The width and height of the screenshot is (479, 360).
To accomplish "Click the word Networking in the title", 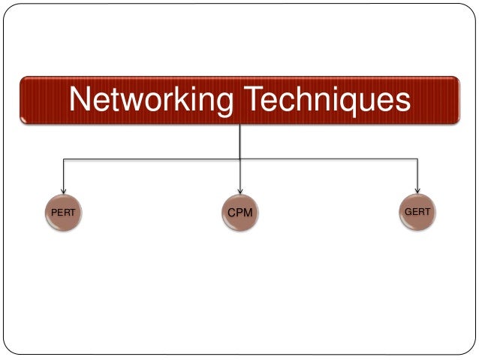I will tap(149, 100).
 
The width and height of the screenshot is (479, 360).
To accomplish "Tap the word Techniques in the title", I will tap(324, 100).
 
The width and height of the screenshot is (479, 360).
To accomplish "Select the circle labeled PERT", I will tap(63, 213).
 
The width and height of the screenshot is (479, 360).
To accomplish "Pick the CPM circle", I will tap(240, 213).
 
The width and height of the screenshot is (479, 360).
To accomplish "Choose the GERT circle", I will tap(417, 213).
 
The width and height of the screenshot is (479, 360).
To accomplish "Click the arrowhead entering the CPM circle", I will tap(240, 190).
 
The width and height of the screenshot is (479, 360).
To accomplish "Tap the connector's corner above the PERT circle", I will tap(63, 159).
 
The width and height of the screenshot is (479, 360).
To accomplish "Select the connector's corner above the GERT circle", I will tap(417, 159).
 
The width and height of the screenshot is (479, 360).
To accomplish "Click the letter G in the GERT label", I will tap(408, 213).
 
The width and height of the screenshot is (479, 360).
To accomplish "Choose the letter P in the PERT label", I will tap(53, 213).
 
